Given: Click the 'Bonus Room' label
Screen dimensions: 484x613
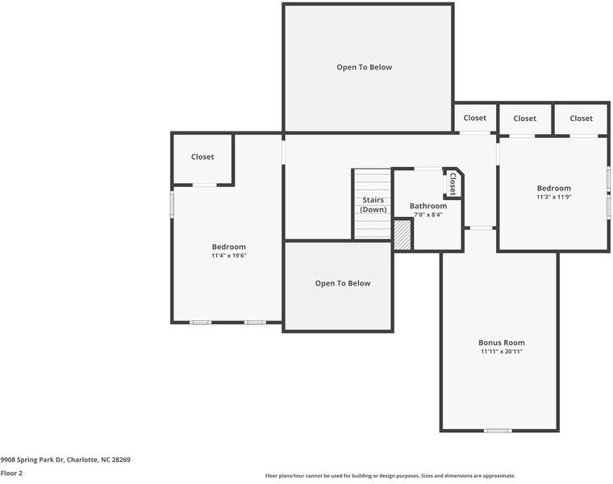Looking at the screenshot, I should point(501,343).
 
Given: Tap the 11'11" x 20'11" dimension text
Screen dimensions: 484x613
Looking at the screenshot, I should point(501,352).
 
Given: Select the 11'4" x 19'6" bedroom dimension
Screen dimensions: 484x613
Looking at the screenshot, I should point(228,256).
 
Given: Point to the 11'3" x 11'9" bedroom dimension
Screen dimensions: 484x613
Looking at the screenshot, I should point(553,197).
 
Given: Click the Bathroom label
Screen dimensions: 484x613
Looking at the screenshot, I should point(427,206).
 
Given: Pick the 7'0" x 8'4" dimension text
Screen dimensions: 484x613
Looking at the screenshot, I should point(427,215).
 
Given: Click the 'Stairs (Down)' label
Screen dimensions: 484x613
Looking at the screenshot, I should point(373,204).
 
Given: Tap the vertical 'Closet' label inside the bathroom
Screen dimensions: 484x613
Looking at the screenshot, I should point(452,184).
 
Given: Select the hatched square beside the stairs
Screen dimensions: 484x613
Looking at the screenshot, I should point(402,235).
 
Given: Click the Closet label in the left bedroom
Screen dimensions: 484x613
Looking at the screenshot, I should point(202,156).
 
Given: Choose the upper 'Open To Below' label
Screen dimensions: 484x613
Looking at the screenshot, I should point(364,67).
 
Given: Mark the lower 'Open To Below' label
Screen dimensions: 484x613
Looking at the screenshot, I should point(343,283).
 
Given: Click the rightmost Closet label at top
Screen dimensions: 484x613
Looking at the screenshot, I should point(581,118).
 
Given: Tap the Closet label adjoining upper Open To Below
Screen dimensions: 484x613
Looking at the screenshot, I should point(474,118).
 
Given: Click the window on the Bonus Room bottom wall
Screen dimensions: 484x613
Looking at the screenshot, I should point(498,431).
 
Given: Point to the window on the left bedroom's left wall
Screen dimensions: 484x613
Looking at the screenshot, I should point(172,203).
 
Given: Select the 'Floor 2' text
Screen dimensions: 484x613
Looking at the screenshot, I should point(11,473).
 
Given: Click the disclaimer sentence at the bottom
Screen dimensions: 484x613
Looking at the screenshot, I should point(390,476).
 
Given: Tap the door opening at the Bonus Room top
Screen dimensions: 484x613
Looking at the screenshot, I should point(482,228).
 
